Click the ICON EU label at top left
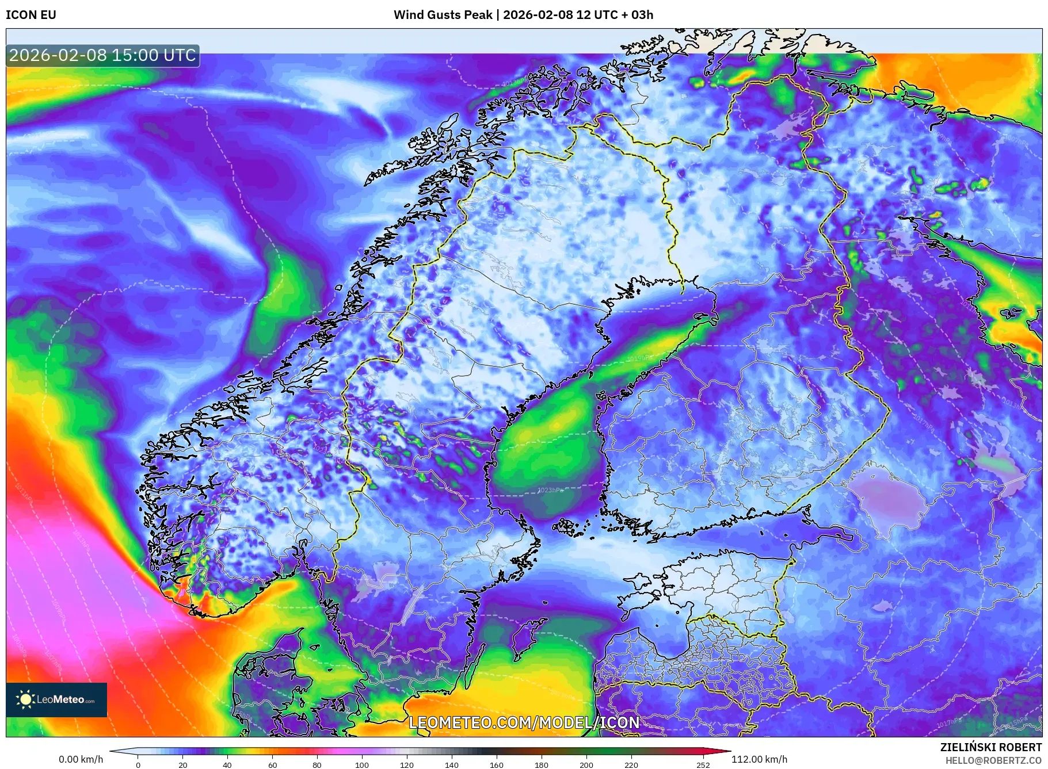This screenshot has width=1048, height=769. (31, 15)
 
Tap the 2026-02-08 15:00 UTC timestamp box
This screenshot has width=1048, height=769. (102, 55)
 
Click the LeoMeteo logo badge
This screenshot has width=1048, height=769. (56, 699)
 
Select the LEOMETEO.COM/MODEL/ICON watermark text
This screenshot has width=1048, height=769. (524, 722)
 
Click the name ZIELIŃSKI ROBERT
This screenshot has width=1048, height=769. (990, 747)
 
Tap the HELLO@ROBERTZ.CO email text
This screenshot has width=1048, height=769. (993, 760)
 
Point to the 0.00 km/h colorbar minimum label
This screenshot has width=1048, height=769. (81, 759)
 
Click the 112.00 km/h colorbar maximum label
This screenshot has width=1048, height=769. (759, 759)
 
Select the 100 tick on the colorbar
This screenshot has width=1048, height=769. (361, 765)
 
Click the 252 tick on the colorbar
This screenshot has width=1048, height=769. (703, 765)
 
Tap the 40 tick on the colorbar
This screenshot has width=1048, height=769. (227, 765)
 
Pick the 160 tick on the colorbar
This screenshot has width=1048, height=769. (496, 765)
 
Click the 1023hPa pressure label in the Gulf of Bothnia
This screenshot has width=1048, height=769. (550, 490)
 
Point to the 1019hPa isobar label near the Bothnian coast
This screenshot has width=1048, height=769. (638, 358)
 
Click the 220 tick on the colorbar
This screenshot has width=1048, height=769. (631, 765)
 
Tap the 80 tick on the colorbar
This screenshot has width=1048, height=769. (317, 765)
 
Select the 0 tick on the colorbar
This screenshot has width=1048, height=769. (138, 765)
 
